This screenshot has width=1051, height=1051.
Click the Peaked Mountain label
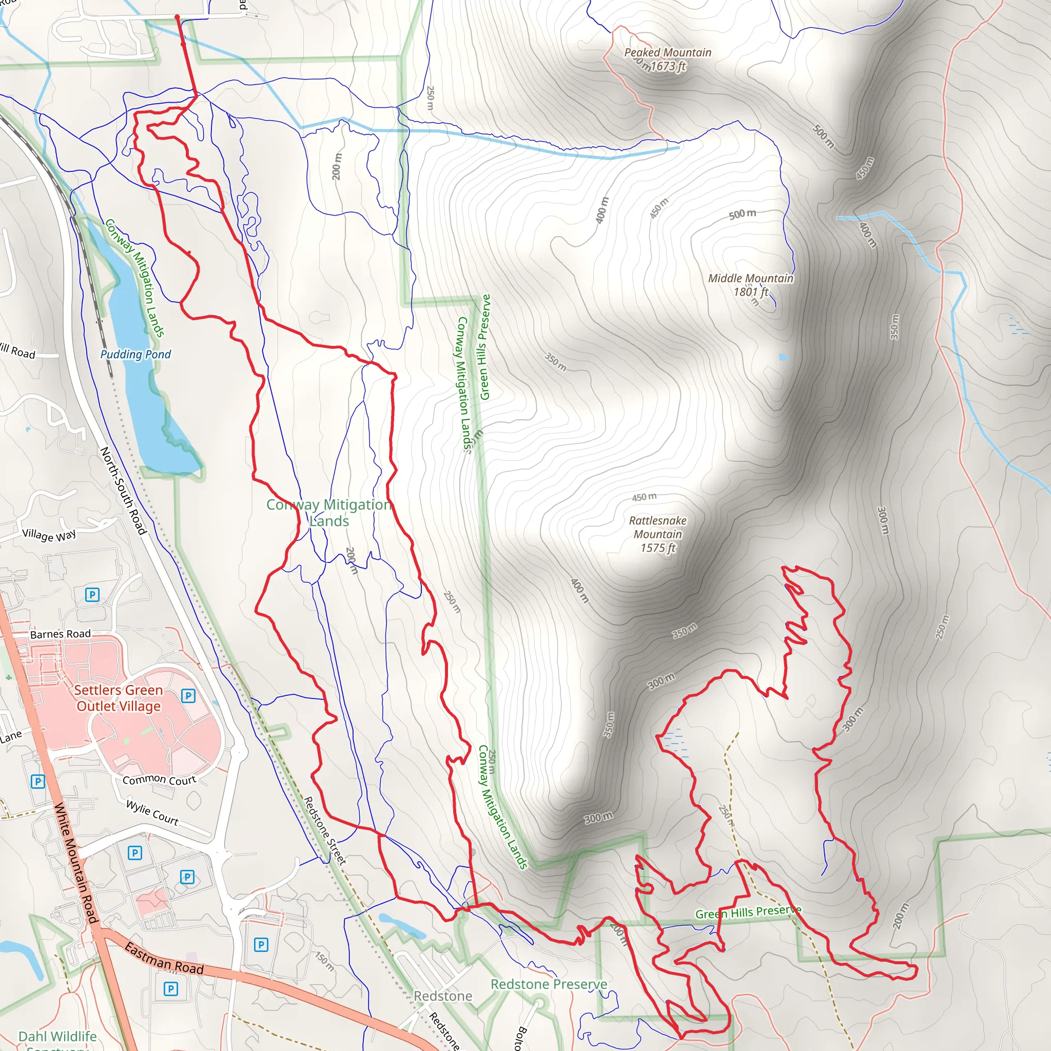[668, 53]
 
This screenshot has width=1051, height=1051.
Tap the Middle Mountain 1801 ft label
[750, 285]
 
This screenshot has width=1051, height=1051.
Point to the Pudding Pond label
[135, 355]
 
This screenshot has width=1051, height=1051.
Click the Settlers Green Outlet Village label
[119, 698]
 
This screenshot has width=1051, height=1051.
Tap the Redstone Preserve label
[549, 984]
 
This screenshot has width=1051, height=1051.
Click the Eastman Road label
[164, 959]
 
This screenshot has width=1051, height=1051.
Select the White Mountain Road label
[75, 863]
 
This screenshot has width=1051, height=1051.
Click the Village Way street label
[49, 535]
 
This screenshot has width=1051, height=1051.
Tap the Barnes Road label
[61, 634]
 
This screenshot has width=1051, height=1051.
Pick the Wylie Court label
[152, 812]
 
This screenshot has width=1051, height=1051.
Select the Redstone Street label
[324, 830]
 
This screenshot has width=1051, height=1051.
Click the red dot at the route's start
[177, 17]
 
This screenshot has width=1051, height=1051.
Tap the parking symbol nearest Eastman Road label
[171, 988]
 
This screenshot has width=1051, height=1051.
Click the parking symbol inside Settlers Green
[188, 695]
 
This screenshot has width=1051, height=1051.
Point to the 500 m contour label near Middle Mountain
[742, 214]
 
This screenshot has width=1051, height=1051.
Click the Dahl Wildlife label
[57, 1036]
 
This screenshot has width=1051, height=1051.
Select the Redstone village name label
[443, 996]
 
